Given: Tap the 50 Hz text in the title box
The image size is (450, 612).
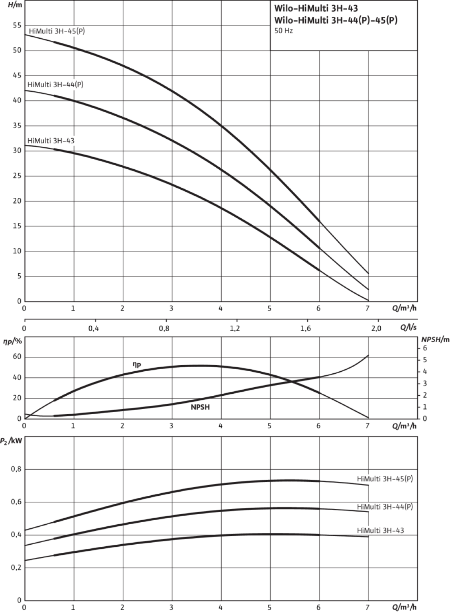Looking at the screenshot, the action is click(x=284, y=31).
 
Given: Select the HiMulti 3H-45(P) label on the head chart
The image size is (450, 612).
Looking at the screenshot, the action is click(x=57, y=31).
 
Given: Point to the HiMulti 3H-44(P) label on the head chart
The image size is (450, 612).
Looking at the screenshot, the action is click(x=55, y=84).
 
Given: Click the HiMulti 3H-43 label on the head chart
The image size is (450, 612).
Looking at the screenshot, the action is click(x=51, y=141).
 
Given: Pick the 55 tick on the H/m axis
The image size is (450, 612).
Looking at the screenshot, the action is click(x=17, y=25).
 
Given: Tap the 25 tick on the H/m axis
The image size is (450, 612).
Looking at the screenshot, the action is click(x=17, y=176).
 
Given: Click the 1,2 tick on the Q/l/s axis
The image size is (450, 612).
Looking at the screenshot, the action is click(x=235, y=328).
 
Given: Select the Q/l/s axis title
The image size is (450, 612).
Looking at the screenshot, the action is click(x=408, y=328).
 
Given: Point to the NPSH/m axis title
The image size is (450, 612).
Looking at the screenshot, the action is click(x=435, y=339).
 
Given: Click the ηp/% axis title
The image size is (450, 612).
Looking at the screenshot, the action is click(x=13, y=341).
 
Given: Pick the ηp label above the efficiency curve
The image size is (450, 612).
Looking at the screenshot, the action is click(x=137, y=365).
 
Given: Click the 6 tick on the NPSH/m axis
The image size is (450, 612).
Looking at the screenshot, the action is click(x=425, y=348).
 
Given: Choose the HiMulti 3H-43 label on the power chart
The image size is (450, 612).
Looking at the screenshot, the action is click(x=380, y=530).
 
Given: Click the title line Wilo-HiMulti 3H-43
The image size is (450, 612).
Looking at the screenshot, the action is click(x=316, y=9).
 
